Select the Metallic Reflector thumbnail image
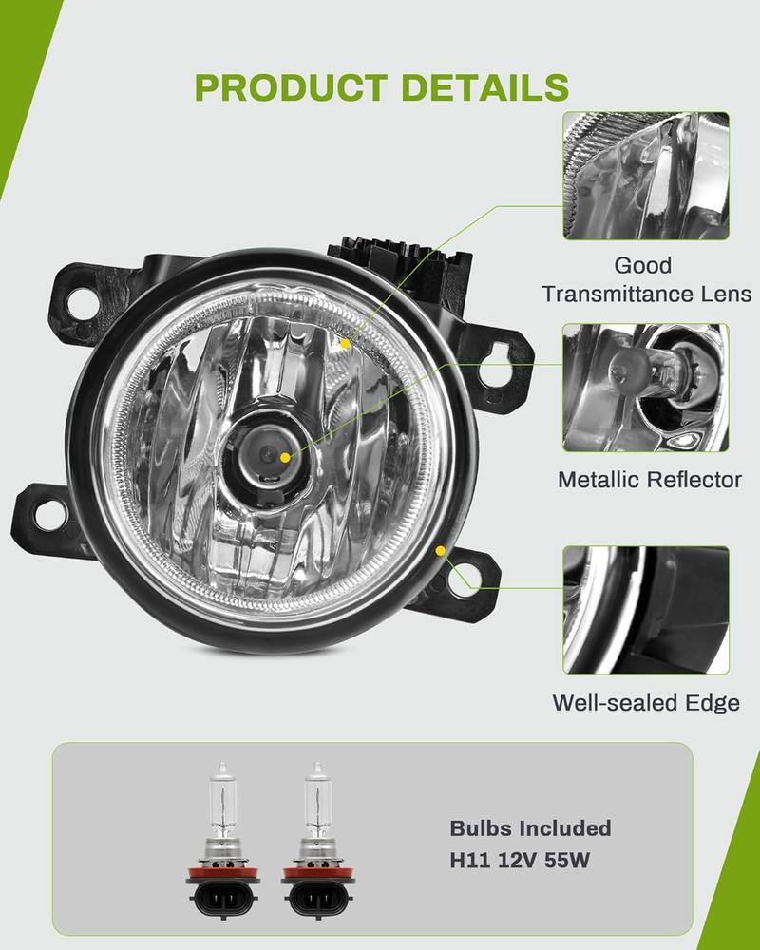pos(645,388)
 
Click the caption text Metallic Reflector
pos(649,480)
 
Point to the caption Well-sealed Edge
pos(646,703)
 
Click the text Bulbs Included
pos(530,828)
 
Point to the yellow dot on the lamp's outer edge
pos(440,549)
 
